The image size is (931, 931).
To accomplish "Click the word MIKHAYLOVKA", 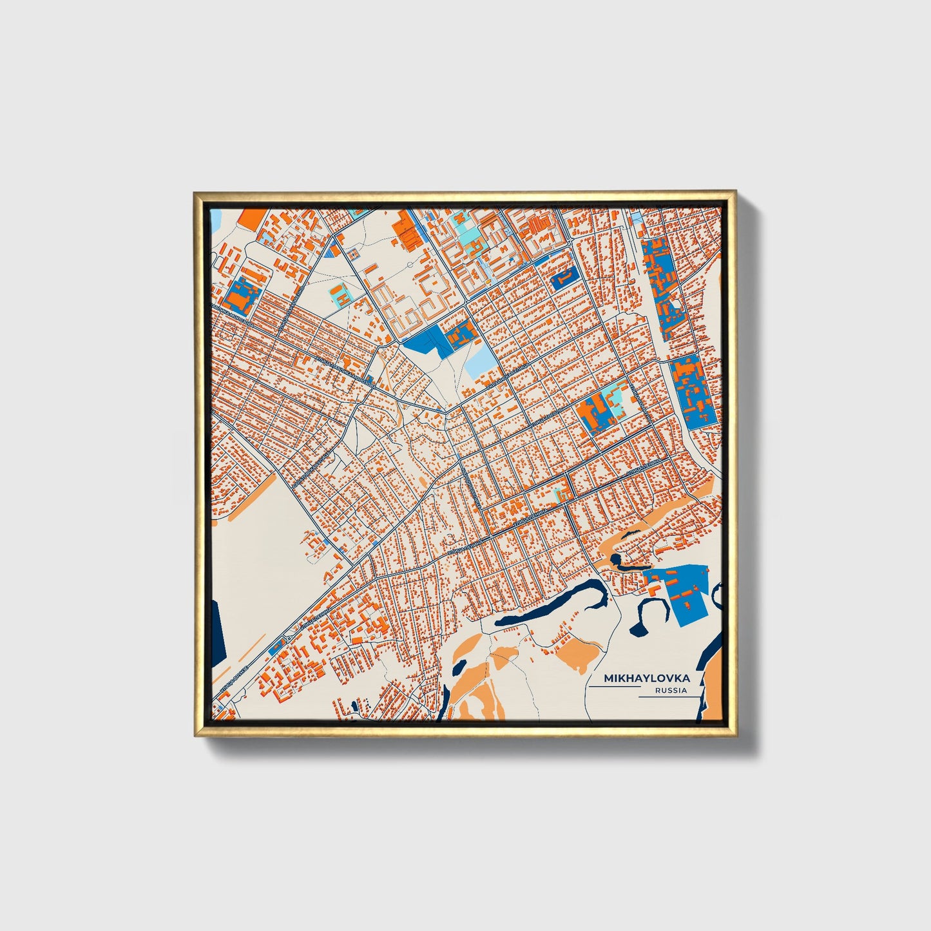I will click(646, 678).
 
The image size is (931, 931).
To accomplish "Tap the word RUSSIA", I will click(670, 691).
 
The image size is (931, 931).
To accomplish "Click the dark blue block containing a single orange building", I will click(562, 277).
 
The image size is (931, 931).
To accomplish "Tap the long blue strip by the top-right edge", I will click(661, 283).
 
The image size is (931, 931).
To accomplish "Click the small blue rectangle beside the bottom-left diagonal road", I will click(277, 647).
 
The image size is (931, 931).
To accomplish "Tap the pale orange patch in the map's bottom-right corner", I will click(711, 693).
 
